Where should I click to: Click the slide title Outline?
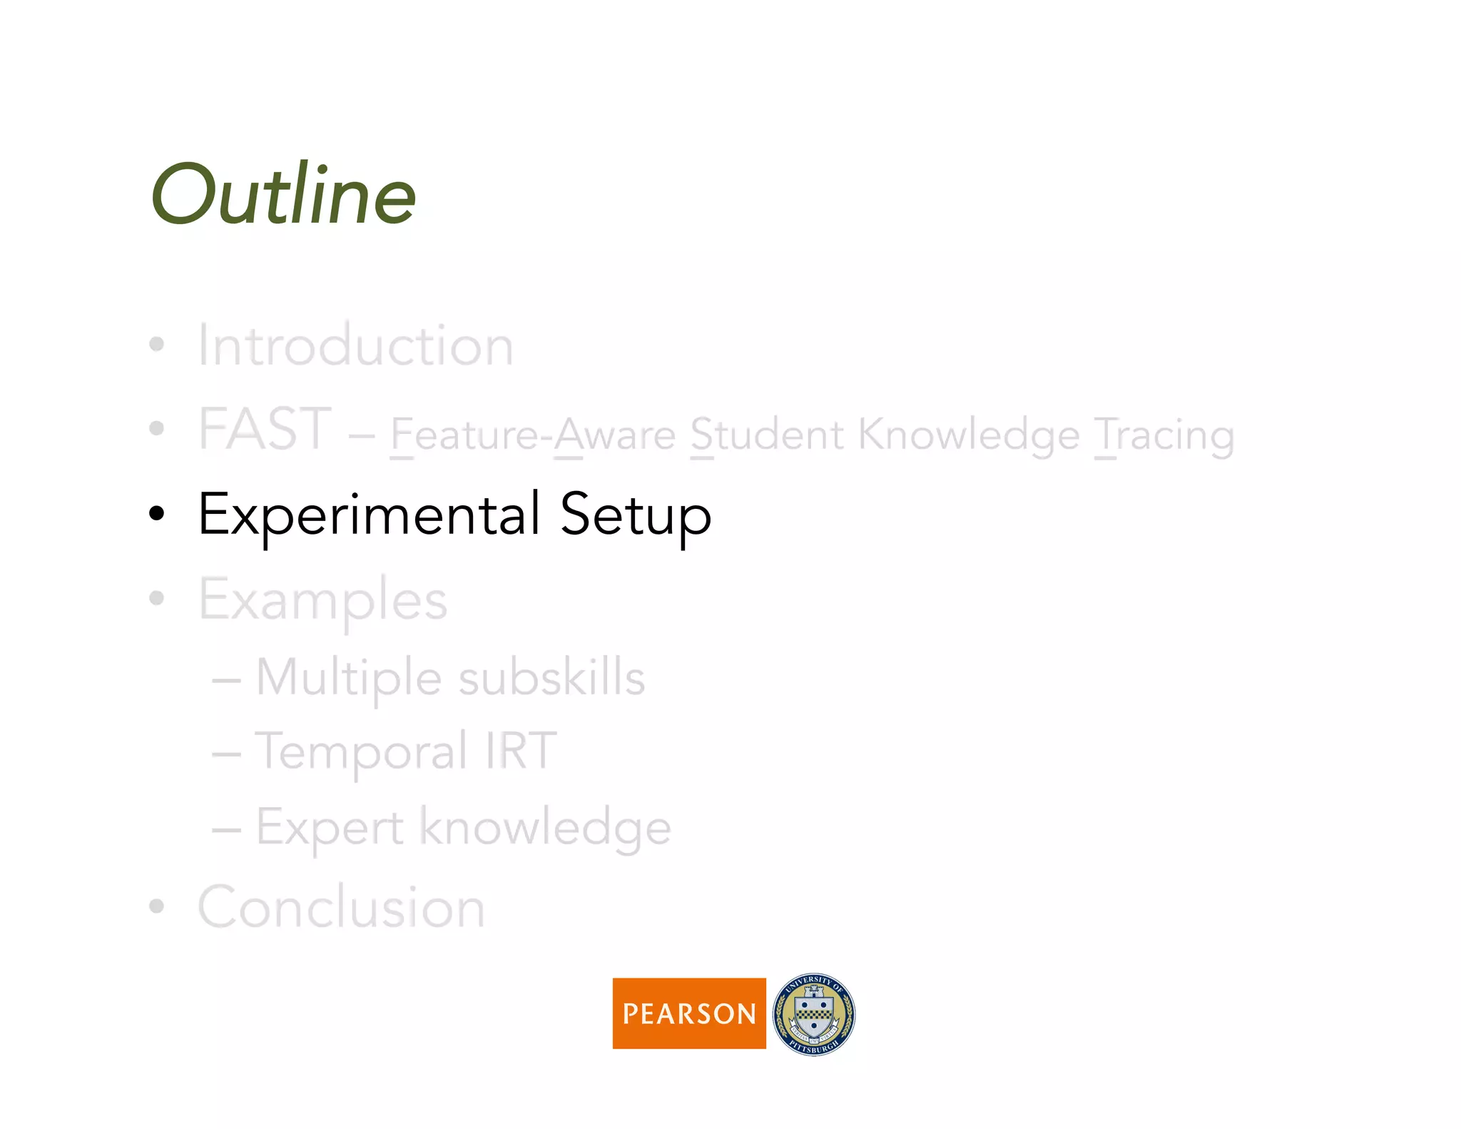pyautogui.click(x=283, y=194)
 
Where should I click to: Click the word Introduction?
pyautogui.click(x=355, y=346)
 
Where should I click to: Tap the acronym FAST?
pyautogui.click(x=265, y=429)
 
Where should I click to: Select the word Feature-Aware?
pyautogui.click(x=533, y=435)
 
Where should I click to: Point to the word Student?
pyautogui.click(x=767, y=435)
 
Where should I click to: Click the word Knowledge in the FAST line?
pyautogui.click(x=969, y=435)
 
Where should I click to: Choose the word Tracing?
pyautogui.click(x=1164, y=435)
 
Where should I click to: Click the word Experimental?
pyautogui.click(x=369, y=515)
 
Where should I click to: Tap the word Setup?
pyautogui.click(x=636, y=515)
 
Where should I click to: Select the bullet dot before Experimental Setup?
pyautogui.click(x=157, y=513)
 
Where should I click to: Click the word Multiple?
pyautogui.click(x=349, y=678)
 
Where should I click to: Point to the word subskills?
pyautogui.click(x=551, y=678)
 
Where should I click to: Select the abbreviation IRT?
pyautogui.click(x=521, y=751)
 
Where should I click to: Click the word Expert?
pyautogui.click(x=330, y=828)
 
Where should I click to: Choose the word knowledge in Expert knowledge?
pyautogui.click(x=545, y=828)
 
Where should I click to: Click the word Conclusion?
pyautogui.click(x=342, y=908)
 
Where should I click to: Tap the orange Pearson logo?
pyautogui.click(x=689, y=1013)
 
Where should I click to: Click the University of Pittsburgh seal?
pyautogui.click(x=814, y=1014)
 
